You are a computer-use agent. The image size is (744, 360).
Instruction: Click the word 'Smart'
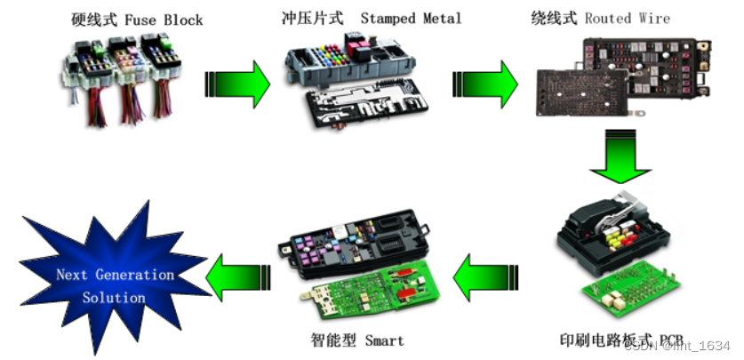coord(383,340)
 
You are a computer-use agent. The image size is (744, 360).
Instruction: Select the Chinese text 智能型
coord(336,340)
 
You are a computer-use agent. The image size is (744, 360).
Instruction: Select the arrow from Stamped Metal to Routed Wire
coord(484,84)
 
